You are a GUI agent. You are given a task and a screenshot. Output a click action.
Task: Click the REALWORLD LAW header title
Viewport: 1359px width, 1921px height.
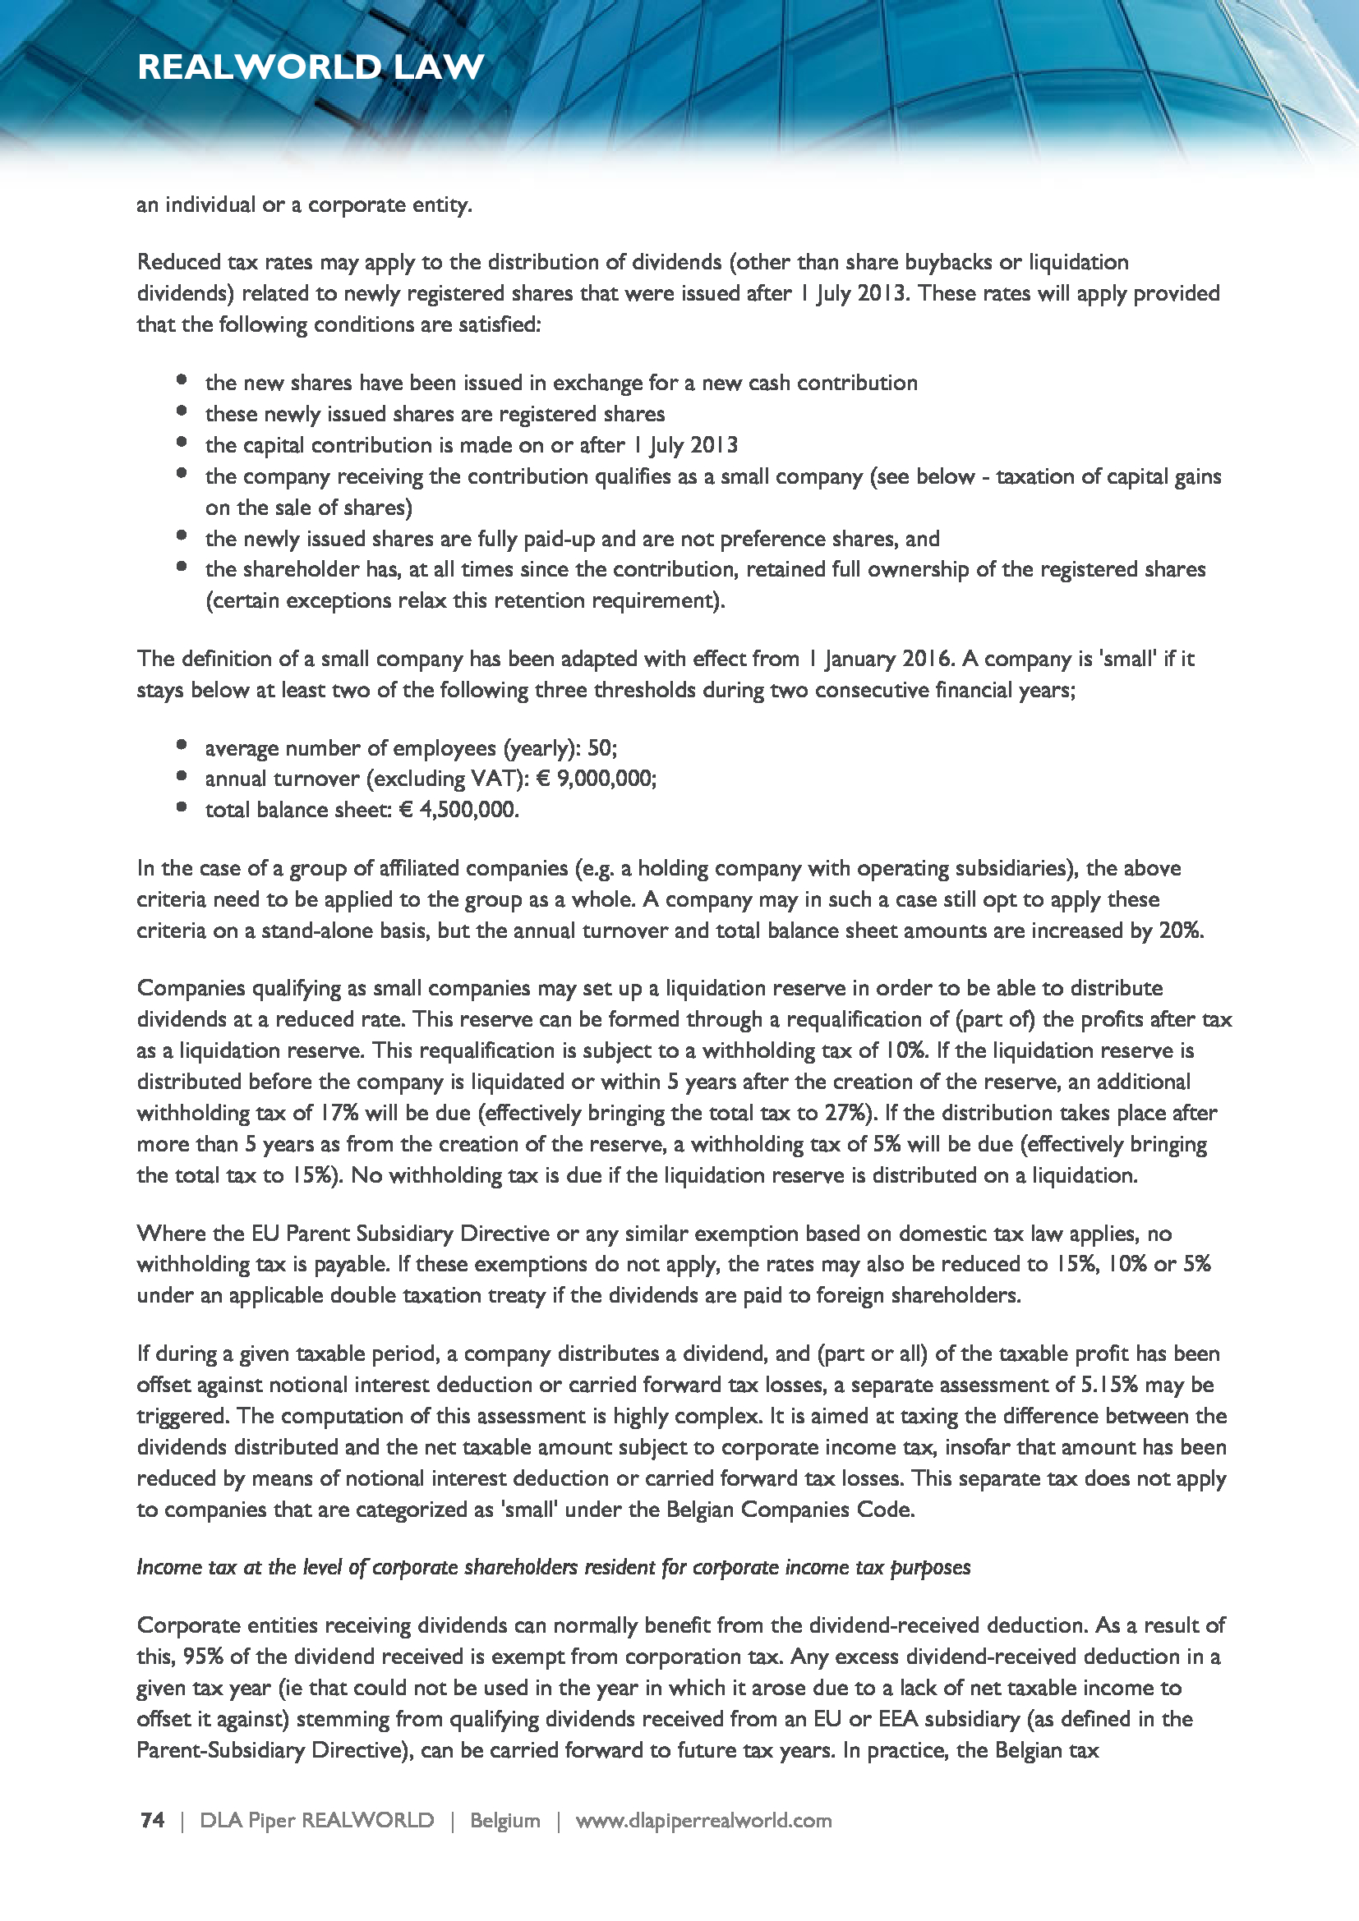pyautogui.click(x=311, y=67)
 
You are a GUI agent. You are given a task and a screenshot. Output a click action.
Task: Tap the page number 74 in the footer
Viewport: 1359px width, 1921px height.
pyautogui.click(x=152, y=1820)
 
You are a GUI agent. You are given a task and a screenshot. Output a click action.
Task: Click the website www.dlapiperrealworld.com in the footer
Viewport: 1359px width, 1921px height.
pyautogui.click(x=703, y=1820)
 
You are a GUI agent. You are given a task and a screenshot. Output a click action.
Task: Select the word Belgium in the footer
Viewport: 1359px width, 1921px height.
pyautogui.click(x=504, y=1820)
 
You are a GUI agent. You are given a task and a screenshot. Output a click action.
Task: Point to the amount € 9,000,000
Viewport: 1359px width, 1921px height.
pyautogui.click(x=595, y=778)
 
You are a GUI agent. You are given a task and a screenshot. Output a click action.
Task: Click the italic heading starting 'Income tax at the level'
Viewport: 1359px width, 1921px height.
pyautogui.click(x=553, y=1567)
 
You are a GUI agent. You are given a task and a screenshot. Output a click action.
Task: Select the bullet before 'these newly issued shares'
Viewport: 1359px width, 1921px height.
pyautogui.click(x=182, y=411)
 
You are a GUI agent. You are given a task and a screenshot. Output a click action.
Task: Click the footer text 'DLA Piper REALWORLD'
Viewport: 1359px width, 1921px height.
pyautogui.click(x=316, y=1820)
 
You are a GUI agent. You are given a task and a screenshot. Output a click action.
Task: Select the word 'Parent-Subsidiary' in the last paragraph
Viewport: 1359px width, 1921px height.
pyautogui.click(x=220, y=1750)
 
